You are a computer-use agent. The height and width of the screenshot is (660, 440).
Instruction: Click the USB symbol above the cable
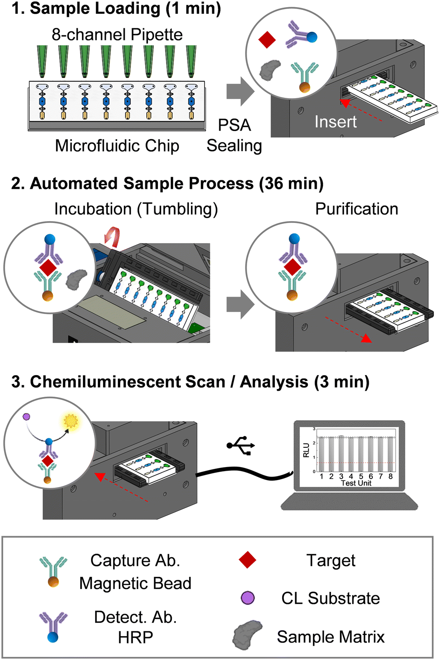(x=241, y=445)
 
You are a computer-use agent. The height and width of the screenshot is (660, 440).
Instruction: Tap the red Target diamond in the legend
(x=247, y=560)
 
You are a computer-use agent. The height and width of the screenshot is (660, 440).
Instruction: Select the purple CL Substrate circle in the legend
(x=248, y=598)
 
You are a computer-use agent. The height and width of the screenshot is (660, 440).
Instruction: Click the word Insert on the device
(x=335, y=122)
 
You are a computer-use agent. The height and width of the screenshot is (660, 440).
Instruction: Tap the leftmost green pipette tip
(x=43, y=61)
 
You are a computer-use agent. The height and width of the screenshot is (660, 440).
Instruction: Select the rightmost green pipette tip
(x=191, y=61)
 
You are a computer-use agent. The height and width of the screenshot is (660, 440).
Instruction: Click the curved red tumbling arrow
(x=112, y=237)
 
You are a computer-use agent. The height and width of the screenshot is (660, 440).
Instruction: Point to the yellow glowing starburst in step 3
(x=71, y=421)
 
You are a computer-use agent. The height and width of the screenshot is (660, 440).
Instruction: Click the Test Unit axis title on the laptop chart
(x=356, y=483)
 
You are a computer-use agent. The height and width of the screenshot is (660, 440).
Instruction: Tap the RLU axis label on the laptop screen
(x=306, y=450)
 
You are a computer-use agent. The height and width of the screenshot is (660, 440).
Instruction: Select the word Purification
(x=357, y=209)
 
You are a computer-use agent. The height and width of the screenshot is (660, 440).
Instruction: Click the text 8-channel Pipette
(x=117, y=35)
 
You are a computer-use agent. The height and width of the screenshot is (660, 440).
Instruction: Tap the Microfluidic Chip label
(x=117, y=146)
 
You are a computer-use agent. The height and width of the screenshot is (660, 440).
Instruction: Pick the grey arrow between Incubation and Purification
(x=240, y=304)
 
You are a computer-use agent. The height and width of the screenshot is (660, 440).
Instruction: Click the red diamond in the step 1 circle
(x=267, y=39)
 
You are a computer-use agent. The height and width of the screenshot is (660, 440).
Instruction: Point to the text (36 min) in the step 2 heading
(x=291, y=184)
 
